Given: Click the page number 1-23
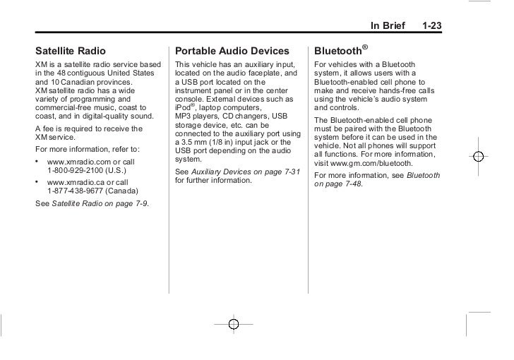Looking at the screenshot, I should tap(431, 26).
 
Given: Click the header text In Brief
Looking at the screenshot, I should tap(388, 26).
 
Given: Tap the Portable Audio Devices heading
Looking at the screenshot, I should tap(232, 52).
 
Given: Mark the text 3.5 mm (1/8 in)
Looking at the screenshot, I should tap(212, 144).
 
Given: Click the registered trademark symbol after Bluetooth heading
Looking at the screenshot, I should tap(364, 47).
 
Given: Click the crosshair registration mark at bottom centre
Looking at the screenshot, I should tap(234, 324).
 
